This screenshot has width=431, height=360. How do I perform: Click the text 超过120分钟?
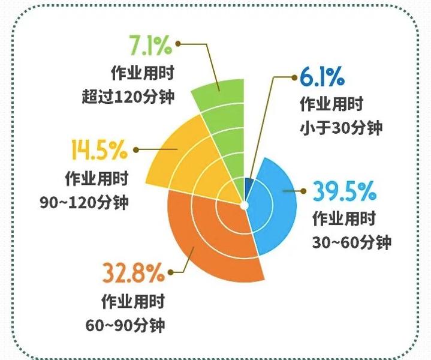128,96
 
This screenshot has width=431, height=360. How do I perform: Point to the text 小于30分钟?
340,128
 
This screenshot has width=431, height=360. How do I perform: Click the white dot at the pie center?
245,205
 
